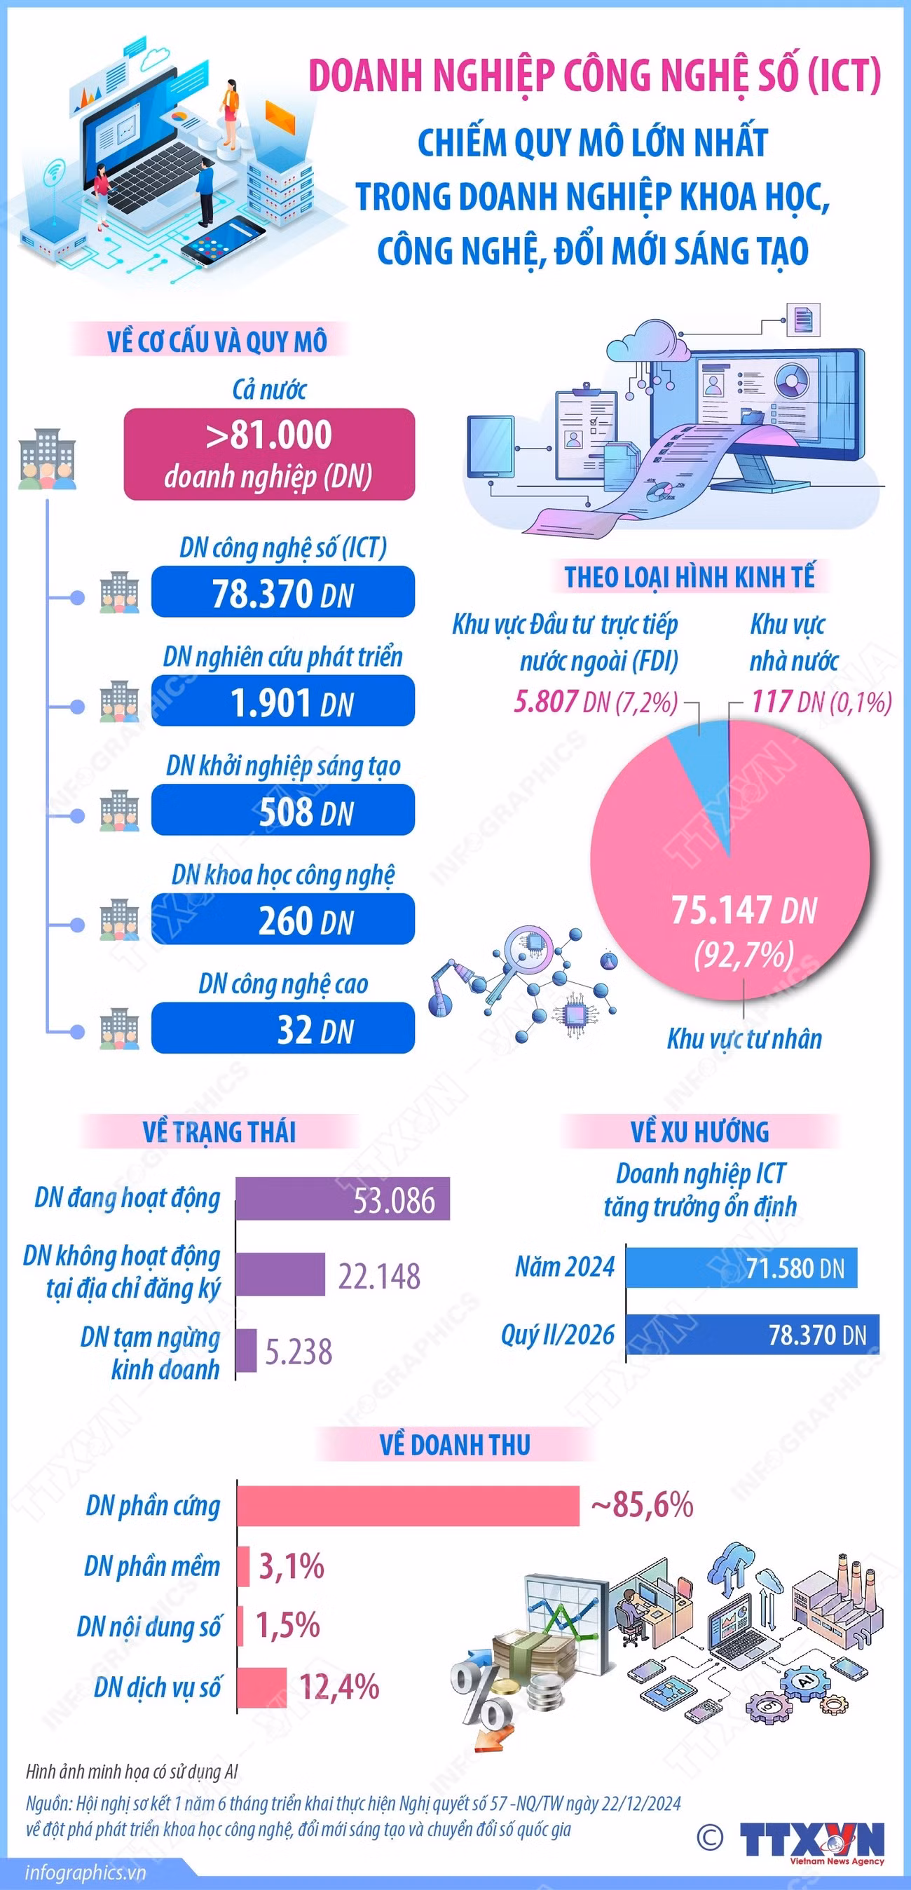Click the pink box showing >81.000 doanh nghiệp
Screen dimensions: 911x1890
269,454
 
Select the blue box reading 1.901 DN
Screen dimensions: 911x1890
283,700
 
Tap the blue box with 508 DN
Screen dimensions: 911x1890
283,809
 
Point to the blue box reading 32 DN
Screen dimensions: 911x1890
283,1027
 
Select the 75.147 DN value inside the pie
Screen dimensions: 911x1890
744,911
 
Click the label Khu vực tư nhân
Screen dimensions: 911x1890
744,1039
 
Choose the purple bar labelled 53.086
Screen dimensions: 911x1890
343,1199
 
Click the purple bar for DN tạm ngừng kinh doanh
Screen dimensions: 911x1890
247,1350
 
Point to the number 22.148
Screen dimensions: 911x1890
379,1276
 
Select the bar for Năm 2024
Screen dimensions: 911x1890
741,1267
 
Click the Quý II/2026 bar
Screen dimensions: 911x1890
753,1335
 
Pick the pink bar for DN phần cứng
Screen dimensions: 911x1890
409,1506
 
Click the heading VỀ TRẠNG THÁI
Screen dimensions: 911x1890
219,1132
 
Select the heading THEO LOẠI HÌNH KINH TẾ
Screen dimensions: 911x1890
690,577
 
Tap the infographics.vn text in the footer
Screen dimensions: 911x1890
85,1872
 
